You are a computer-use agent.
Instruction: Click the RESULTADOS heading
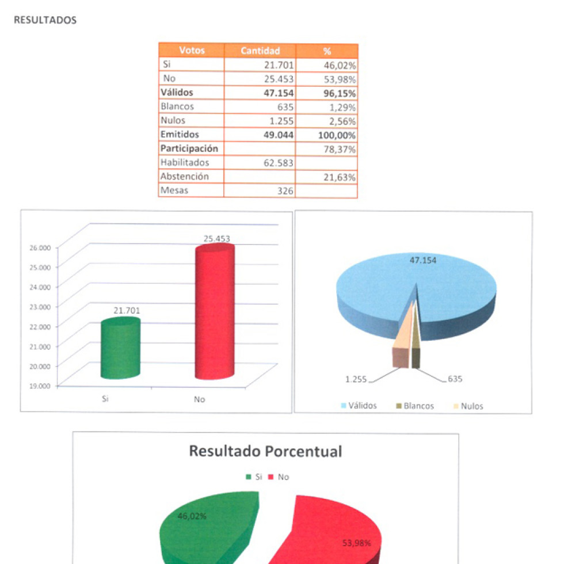pos(45,20)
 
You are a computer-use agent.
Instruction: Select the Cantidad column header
pos(260,51)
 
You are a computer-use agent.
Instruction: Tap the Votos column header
pos(192,51)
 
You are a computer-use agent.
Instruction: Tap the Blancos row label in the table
pos(177,106)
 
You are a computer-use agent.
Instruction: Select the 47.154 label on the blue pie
pos(422,260)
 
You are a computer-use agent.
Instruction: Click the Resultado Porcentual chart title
pos(265,452)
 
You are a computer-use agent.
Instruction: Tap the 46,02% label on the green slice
pos(192,516)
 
